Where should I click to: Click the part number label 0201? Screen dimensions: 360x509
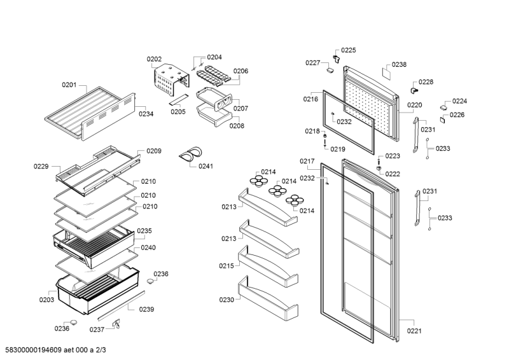pyautogui.click(x=69, y=85)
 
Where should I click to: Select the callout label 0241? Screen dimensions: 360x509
pyautogui.click(x=206, y=167)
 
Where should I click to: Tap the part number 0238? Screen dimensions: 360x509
pyautogui.click(x=399, y=64)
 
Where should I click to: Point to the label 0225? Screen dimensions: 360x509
pyautogui.click(x=348, y=50)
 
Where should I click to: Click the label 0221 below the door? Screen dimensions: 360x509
pyautogui.click(x=415, y=331)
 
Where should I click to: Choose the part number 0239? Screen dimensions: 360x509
pyautogui.click(x=147, y=309)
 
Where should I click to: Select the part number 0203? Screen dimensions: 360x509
pyautogui.click(x=46, y=300)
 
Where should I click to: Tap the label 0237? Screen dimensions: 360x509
pyautogui.click(x=96, y=329)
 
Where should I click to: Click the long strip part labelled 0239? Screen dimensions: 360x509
pyautogui.click(x=121, y=305)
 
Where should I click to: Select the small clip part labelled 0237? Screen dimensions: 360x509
pyautogui.click(x=116, y=325)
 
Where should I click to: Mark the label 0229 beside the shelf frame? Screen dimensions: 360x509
pyautogui.click(x=41, y=167)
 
